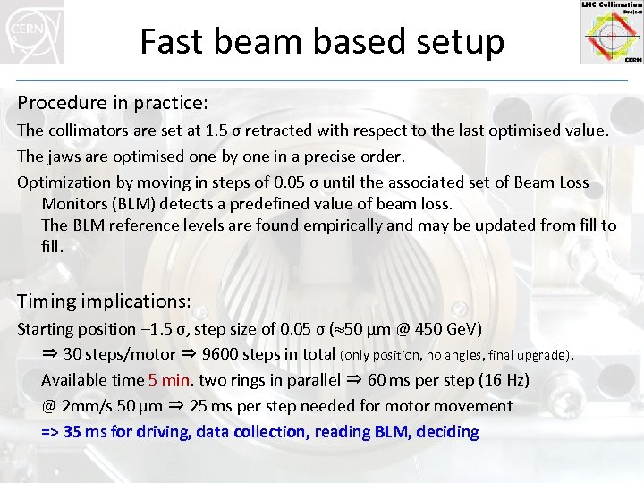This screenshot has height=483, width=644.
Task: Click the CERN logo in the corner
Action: [x=32, y=31]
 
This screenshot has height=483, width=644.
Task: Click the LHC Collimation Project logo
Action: [x=611, y=32]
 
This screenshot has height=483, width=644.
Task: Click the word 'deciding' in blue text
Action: [x=444, y=432]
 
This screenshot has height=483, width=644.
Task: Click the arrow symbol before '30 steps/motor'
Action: [x=50, y=354]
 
